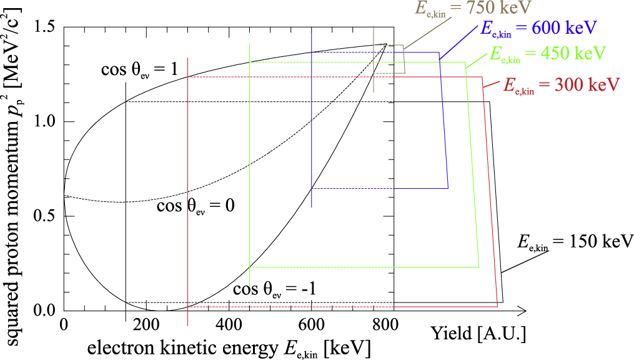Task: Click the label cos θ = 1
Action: (141, 70)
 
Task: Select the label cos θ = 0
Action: (195, 206)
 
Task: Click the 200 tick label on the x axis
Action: (146, 325)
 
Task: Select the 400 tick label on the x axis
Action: (229, 325)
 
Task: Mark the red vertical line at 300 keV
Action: (187, 187)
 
